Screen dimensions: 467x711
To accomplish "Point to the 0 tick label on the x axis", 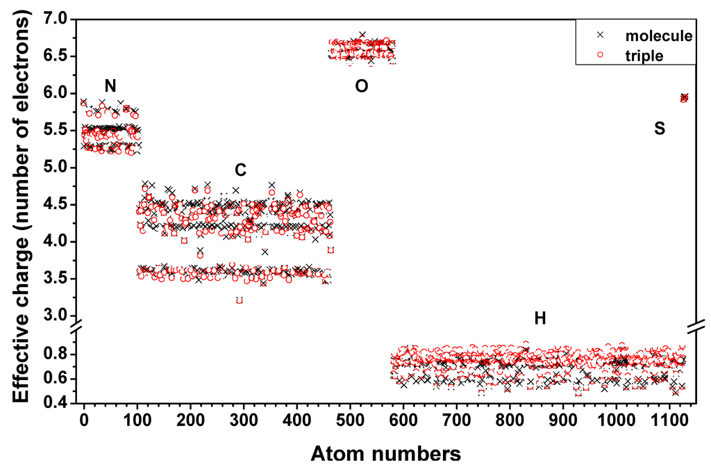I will tap(84, 421).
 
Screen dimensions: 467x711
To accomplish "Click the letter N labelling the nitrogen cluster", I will tap(110, 86).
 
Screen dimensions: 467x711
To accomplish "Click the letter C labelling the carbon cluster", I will tap(240, 170).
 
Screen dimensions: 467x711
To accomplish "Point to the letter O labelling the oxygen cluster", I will tap(361, 86).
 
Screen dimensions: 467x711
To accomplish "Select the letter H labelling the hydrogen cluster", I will tap(540, 319).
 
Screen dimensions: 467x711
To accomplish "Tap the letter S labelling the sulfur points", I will tap(660, 128).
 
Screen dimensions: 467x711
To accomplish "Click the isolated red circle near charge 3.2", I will tap(240, 300).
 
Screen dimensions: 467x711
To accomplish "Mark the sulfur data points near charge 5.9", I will tap(684, 98).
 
